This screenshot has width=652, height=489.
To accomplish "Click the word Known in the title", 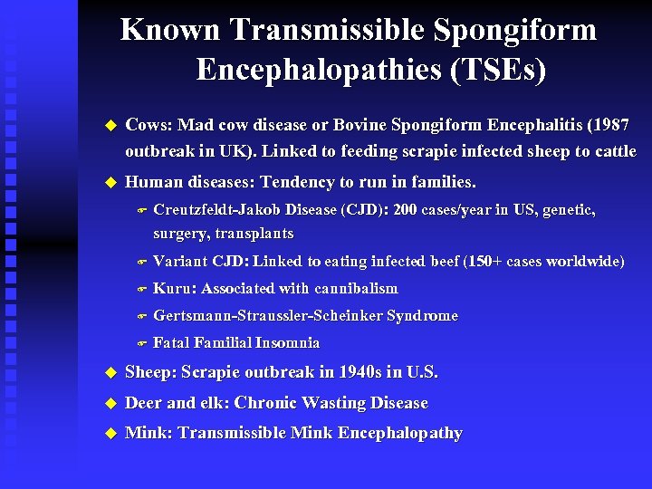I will [171, 30].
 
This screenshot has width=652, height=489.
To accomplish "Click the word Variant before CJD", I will [180, 262].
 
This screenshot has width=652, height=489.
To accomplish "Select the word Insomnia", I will [287, 343].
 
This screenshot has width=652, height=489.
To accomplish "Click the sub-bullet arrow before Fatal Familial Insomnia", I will [140, 344].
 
